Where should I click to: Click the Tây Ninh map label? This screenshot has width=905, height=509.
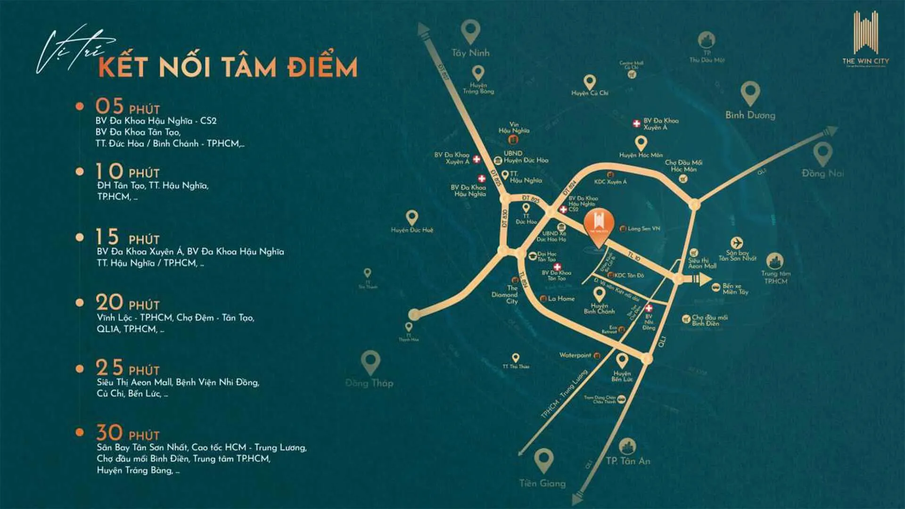[470, 53]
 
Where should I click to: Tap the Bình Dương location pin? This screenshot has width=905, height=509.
[750, 92]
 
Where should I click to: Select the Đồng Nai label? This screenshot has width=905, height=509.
[823, 173]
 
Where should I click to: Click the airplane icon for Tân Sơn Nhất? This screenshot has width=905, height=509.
[737, 243]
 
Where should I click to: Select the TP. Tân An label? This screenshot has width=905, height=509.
[628, 461]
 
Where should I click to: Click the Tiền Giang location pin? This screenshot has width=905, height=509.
[543, 460]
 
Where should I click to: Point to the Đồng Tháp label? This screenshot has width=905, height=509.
[369, 383]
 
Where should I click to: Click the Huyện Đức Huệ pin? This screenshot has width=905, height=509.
[412, 217]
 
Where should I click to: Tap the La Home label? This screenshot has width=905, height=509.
[561, 298]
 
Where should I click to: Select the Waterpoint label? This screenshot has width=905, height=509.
[575, 355]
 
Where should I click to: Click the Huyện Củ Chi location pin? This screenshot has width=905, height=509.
[589, 82]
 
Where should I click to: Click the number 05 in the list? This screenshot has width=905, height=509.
[109, 106]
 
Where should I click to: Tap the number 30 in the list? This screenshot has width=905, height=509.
[109, 432]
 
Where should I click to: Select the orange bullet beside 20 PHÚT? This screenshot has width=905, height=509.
[80, 303]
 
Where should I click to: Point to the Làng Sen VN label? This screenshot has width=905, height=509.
[643, 229]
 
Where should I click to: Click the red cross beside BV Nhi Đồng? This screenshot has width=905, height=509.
[649, 308]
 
